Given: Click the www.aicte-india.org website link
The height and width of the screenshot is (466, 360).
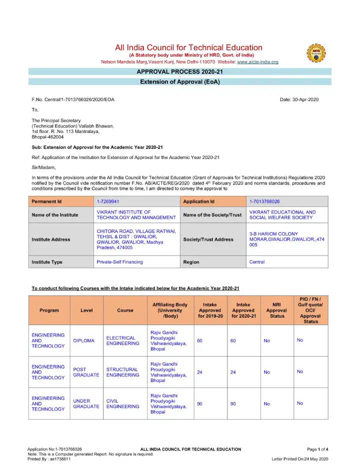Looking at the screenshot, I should click(x=257, y=62).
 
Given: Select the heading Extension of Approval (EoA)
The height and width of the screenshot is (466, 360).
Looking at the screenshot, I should click(x=180, y=81).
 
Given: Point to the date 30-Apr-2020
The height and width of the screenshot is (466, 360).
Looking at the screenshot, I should click(x=299, y=100).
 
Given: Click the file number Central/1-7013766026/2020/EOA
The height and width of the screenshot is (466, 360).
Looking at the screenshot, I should click(x=73, y=100).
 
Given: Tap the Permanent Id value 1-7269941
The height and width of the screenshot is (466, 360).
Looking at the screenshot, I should click(x=107, y=201).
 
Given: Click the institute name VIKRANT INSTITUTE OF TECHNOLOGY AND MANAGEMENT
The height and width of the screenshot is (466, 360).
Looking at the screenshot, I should click(x=135, y=215).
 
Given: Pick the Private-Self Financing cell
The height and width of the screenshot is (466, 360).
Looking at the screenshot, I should click(x=119, y=262).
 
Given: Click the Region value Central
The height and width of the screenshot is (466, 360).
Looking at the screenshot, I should click(x=257, y=262).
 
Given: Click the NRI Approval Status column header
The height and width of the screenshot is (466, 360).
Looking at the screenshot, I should click(x=277, y=310).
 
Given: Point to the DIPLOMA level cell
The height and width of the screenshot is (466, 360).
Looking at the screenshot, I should click(x=83, y=341).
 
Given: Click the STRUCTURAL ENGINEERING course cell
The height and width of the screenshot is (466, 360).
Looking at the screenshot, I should click(x=122, y=372).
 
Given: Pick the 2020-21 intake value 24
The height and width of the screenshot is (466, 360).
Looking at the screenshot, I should click(x=233, y=372).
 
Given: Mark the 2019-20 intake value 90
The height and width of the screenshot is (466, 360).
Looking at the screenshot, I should click(x=200, y=403).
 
